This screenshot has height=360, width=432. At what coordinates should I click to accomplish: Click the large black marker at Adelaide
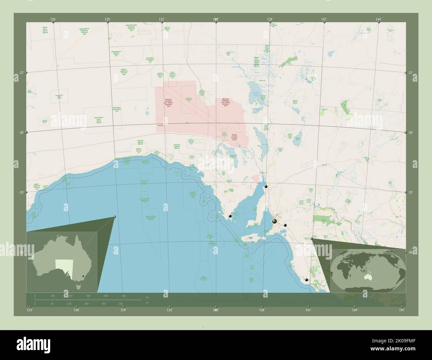pyautogui.click(x=274, y=221)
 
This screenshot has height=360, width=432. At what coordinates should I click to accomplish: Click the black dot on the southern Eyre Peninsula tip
pyautogui.click(x=230, y=216)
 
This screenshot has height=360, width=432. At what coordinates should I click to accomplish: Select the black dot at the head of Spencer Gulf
pyautogui.click(x=266, y=187)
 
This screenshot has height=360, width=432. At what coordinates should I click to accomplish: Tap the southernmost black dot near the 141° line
pyautogui.click(x=306, y=280)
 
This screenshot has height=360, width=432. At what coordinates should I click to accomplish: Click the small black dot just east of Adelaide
pyautogui.click(x=285, y=225)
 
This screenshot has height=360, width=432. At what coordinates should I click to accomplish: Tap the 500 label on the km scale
pyautogui.click(x=124, y=296)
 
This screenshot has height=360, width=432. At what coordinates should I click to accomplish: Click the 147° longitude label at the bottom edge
pyautogui.click(x=402, y=310)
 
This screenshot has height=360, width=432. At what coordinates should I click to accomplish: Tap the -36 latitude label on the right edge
pyautogui.click(x=410, y=252)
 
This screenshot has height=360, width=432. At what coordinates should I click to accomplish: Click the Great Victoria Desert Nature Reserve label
pyautogui.click(x=100, y=120)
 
